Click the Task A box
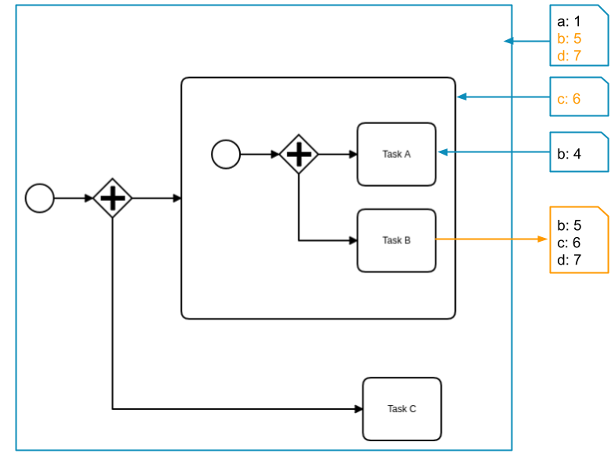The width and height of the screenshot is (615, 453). pyautogui.click(x=396, y=154)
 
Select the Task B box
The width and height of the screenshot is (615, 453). pyautogui.click(x=396, y=240)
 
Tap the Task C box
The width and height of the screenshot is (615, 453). pyautogui.click(x=402, y=409)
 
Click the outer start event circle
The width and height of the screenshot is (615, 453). pyautogui.click(x=40, y=198)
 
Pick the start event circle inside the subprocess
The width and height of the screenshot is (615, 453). pyautogui.click(x=226, y=154)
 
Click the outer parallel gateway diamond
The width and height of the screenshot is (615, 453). pyautogui.click(x=113, y=198)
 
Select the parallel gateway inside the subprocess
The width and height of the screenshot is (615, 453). pyautogui.click(x=299, y=154)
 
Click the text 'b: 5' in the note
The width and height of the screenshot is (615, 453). pyautogui.click(x=569, y=38)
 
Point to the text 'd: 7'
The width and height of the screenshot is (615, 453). pyautogui.click(x=569, y=56)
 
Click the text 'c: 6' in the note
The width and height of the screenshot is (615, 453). pyautogui.click(x=569, y=98)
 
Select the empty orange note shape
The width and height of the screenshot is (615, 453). pyautogui.click(x=579, y=239)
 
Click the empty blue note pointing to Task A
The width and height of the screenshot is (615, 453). pyautogui.click(x=579, y=152)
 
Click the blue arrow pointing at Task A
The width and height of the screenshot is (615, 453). pyautogui.click(x=493, y=152)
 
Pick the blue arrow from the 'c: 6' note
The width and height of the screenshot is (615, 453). pyautogui.click(x=503, y=97)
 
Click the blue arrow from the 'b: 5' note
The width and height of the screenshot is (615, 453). pyautogui.click(x=526, y=41)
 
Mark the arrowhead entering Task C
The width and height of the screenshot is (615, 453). pyautogui.click(x=358, y=409)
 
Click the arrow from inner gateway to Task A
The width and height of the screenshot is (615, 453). pyautogui.click(x=337, y=154)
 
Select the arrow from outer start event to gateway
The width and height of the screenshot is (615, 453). pyautogui.click(x=73, y=198)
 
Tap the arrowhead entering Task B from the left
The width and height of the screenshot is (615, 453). pyautogui.click(x=353, y=240)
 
